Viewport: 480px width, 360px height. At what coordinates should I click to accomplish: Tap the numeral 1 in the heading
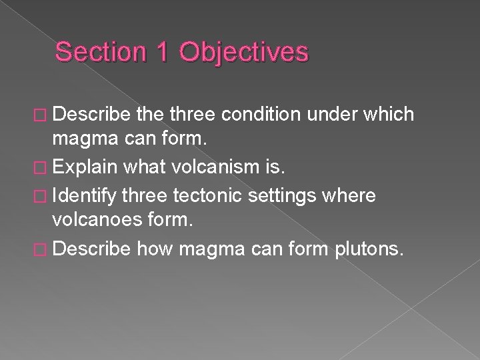[x=161, y=52]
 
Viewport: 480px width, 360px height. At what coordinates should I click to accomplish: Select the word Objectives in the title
[x=245, y=52]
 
